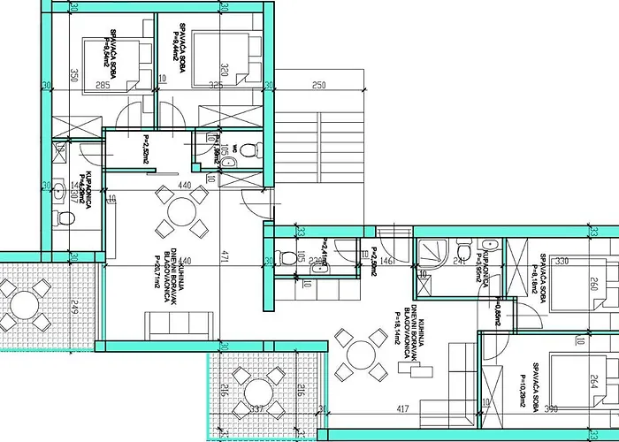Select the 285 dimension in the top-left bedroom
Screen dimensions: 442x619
[103, 86]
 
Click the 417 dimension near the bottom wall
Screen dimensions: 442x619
[401, 408]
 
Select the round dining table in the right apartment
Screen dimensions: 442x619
[363, 355]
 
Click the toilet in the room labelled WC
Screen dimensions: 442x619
[248, 149]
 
